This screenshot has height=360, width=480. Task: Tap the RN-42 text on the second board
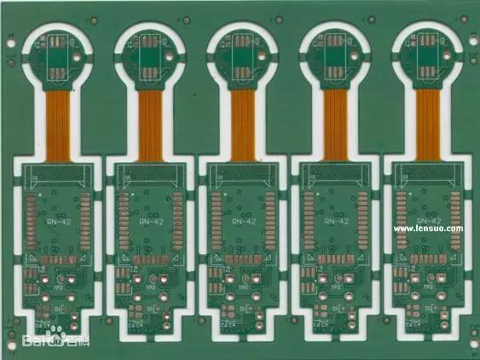point(149,221)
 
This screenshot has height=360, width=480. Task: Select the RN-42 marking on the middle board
point(242,221)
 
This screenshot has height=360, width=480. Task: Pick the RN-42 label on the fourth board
point(335,221)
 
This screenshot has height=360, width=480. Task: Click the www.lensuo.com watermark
point(428,229)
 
